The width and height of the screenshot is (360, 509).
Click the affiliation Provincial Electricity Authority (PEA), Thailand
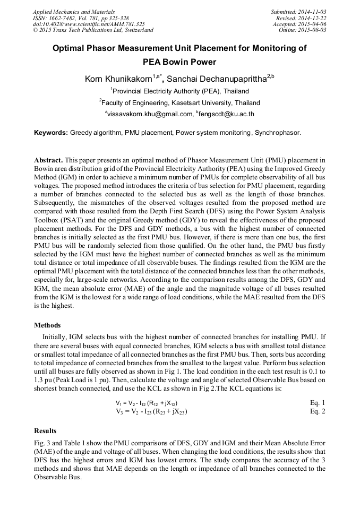pos(181,91)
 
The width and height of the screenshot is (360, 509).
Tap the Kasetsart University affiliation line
pos(181,102)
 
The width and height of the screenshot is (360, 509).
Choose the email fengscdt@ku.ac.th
pos(226,114)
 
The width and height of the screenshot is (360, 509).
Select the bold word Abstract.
pos(49,160)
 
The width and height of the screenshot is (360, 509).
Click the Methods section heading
pos(47,325)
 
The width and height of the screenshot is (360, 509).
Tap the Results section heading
pos(46,430)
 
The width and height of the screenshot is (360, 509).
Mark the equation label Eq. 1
pos(318,403)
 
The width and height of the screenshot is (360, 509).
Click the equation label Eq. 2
pos(318,411)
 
